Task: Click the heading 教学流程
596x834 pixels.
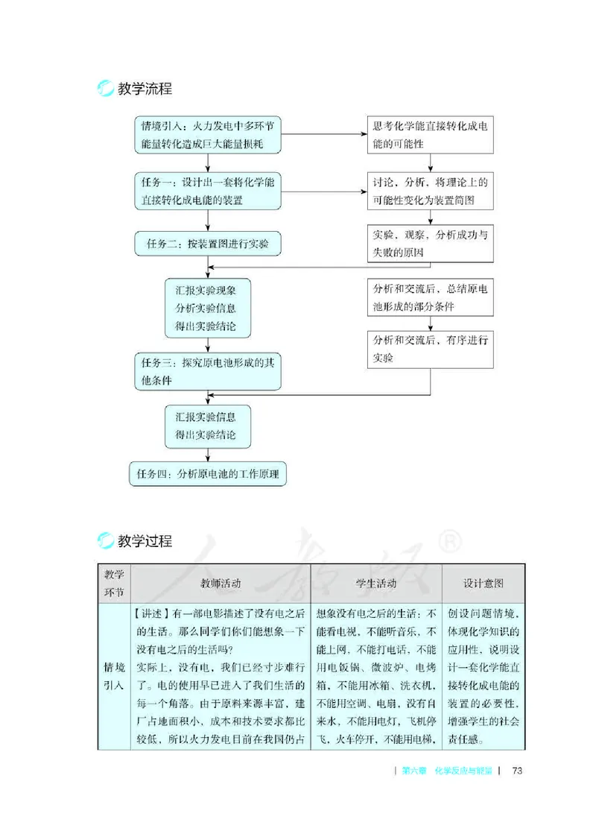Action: pos(145,89)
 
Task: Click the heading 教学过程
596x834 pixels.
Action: pos(145,542)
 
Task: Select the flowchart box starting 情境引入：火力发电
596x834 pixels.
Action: pos(208,135)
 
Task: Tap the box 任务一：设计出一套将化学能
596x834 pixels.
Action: pos(208,192)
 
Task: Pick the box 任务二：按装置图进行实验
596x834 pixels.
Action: pos(208,242)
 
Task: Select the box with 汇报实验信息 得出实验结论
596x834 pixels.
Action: pos(208,426)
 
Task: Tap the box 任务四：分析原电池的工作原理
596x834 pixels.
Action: pos(208,474)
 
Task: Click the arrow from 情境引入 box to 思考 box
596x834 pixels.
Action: pos(324,135)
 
